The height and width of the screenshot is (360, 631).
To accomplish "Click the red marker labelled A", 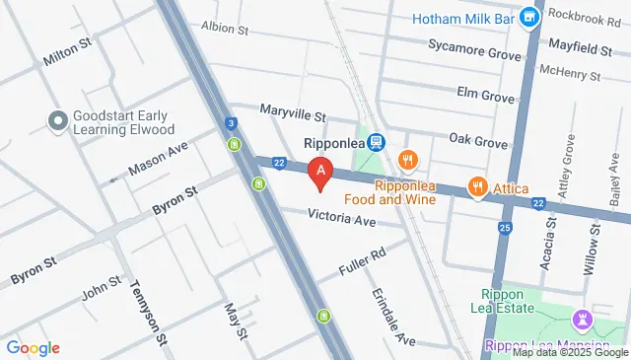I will pyautogui.click(x=320, y=173).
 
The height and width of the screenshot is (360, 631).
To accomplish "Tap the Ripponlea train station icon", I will pyautogui.click(x=376, y=143).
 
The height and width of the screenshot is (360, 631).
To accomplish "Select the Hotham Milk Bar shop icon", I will pyautogui.click(x=530, y=17).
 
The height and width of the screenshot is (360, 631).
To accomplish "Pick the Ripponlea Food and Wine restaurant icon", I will pyautogui.click(x=406, y=159).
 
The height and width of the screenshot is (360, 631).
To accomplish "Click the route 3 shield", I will pyautogui.click(x=230, y=123).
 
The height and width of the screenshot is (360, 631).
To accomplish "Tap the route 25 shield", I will pyautogui.click(x=505, y=229).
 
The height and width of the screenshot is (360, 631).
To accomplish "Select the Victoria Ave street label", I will pyautogui.click(x=342, y=219).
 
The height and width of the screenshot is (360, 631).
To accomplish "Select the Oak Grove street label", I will pyautogui.click(x=478, y=141).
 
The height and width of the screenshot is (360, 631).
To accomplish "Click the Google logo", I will pyautogui.click(x=33, y=347).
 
